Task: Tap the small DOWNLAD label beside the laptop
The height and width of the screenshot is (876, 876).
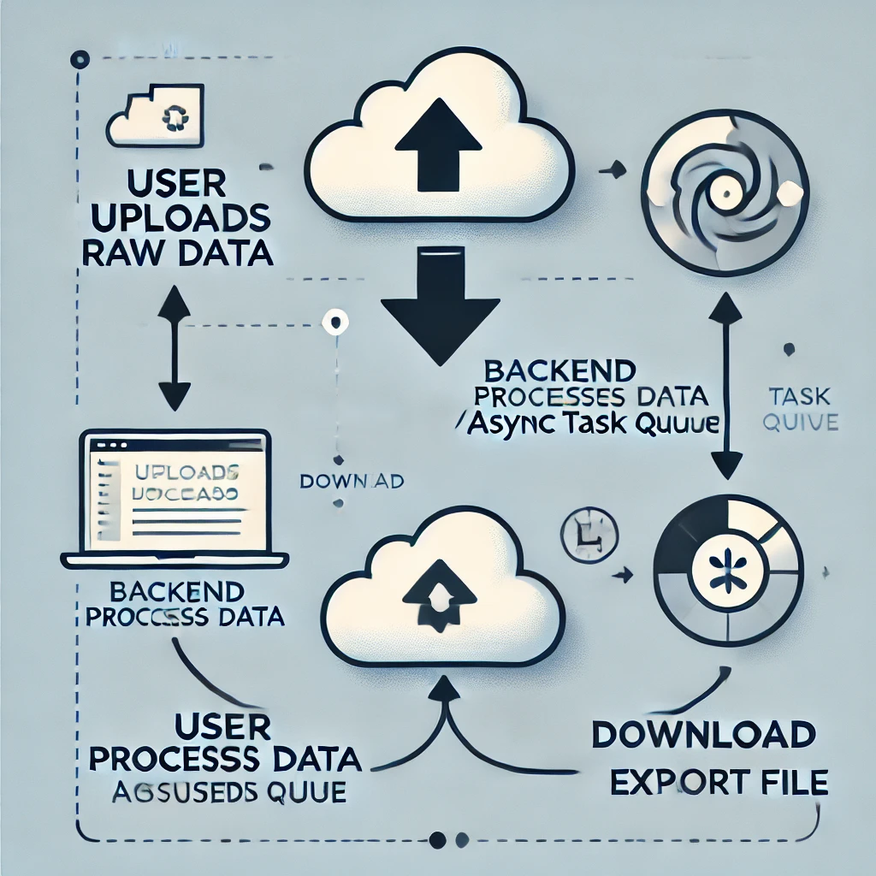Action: [352, 482]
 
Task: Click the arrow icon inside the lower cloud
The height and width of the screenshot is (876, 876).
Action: [441, 586]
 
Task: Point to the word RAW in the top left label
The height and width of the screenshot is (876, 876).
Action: [122, 253]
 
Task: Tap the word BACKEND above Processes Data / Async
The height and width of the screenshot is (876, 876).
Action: [559, 371]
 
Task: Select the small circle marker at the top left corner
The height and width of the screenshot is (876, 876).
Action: [80, 59]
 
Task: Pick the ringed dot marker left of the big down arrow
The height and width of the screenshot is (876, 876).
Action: [334, 323]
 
